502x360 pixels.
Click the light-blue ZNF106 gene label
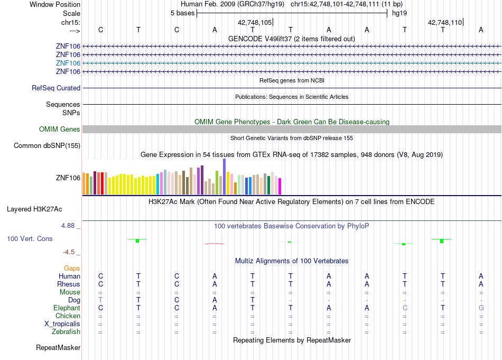[68, 63]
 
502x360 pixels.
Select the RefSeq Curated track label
[56, 88]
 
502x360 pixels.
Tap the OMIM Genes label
[60, 129]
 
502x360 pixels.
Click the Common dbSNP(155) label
[47, 146]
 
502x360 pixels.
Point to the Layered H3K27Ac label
[34, 209]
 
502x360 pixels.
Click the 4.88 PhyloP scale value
[68, 226]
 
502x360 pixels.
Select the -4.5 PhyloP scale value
[69, 252]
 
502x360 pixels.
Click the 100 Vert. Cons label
[30, 238]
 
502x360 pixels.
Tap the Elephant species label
[67, 308]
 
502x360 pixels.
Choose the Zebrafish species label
[66, 331]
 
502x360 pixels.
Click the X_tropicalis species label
[62, 324]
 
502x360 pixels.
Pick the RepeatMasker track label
[58, 347]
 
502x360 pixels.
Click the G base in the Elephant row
[481, 308]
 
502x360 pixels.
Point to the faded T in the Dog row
[100, 300]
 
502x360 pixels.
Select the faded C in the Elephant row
[405, 308]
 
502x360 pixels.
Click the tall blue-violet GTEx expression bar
[225, 177]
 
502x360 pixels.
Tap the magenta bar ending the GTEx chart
[280, 187]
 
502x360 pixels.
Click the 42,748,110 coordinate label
[445, 22]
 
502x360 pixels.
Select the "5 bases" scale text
[182, 13]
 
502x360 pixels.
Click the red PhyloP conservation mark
[215, 244]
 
